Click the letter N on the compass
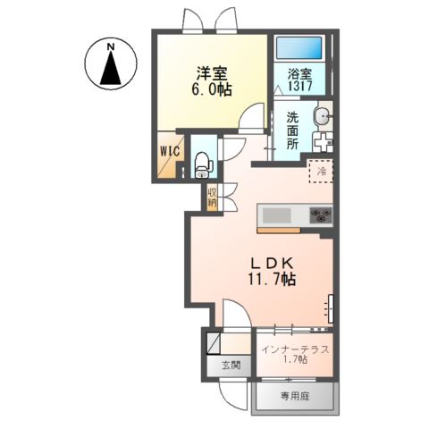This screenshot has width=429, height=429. click(x=111, y=46)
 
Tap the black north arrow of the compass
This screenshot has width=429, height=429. click(x=111, y=68)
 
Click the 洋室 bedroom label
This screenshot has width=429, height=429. click(x=212, y=72)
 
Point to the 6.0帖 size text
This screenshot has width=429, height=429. click(x=212, y=88)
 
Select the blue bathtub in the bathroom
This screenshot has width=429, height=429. click(x=299, y=47)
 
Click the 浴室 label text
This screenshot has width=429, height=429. click(x=300, y=74)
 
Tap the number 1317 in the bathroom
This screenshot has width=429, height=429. click(x=300, y=86)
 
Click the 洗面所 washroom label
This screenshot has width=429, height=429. click(x=292, y=130)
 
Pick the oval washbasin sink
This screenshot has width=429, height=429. click(x=322, y=115)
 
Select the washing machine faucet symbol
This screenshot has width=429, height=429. click(x=323, y=142)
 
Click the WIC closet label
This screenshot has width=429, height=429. click(x=170, y=151)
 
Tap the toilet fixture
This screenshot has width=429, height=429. click(x=203, y=164)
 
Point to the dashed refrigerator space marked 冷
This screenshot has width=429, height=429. click(x=321, y=171)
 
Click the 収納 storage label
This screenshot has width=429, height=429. click(x=213, y=197)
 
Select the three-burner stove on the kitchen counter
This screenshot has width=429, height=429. click(x=321, y=215)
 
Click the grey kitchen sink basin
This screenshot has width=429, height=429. click(x=276, y=215)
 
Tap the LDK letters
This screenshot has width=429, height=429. click(x=272, y=264)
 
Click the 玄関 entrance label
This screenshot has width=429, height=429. click(x=231, y=365)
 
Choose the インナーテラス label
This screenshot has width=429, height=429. click(x=295, y=349)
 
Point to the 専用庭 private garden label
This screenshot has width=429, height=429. click(x=295, y=396)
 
